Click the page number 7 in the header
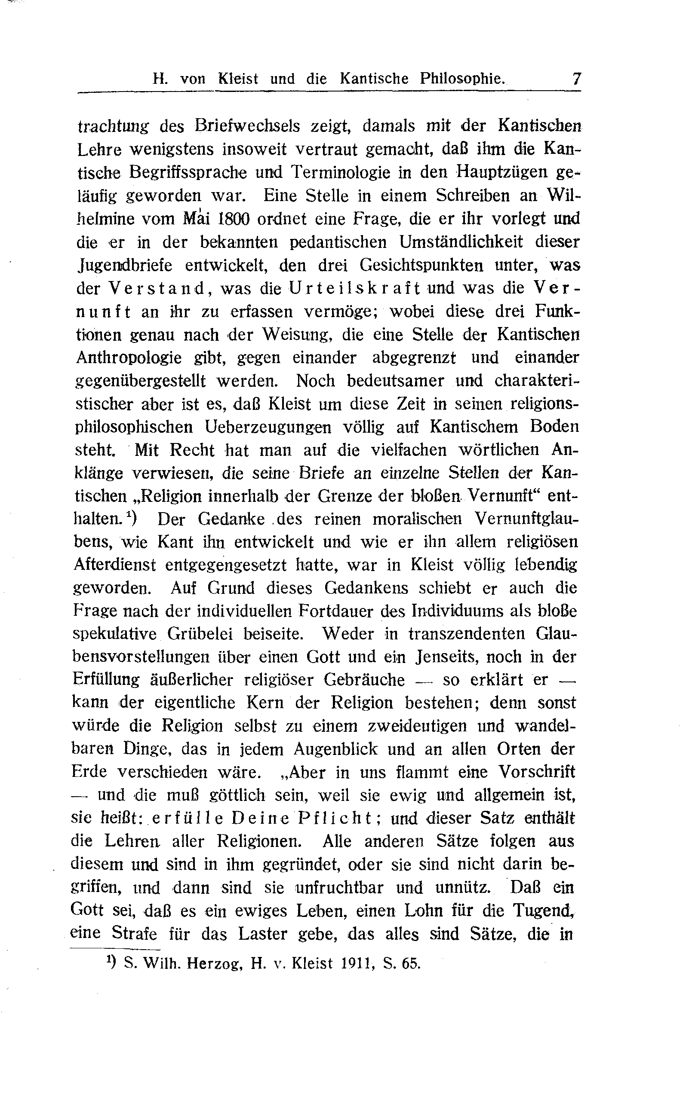(576, 79)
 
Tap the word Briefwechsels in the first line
(247, 125)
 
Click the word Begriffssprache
(188, 172)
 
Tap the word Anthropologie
(129, 358)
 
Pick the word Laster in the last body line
(261, 934)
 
